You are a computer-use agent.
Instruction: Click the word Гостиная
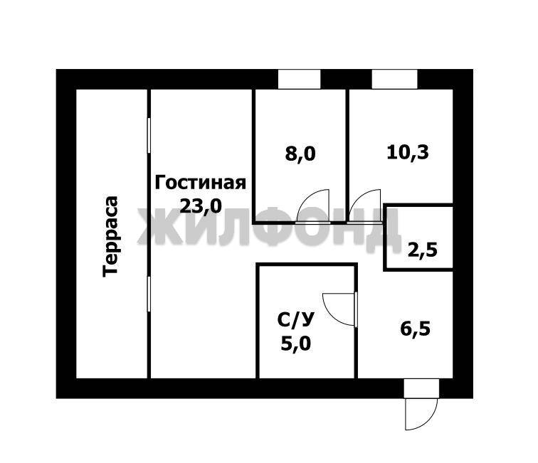pos(201,183)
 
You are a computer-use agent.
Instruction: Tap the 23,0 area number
pos(201,206)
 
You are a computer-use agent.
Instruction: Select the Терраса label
pos(110,236)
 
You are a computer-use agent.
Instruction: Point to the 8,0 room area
pos(300,154)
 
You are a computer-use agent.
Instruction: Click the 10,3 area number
pos(408,152)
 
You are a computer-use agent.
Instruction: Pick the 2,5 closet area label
pos(423,250)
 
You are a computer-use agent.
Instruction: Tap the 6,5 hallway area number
pos(415,329)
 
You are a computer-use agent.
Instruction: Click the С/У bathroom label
pos(295,320)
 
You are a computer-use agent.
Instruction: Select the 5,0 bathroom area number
pos(296,344)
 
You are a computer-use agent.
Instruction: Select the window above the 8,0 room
pos(299,79)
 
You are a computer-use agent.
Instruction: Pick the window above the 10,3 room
pos(394,79)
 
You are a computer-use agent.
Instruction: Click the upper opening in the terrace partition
pos(149,135)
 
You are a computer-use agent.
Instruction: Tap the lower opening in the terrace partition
pos(149,294)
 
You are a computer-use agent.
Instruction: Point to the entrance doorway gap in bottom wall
pos(422,388)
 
